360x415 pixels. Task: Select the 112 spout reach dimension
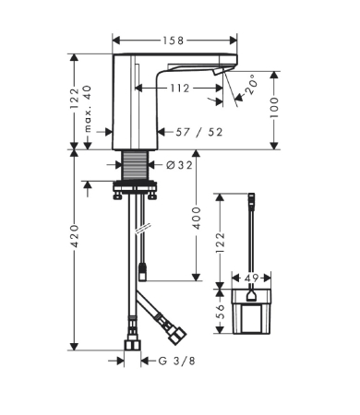(180, 89)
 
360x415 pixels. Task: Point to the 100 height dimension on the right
(274, 108)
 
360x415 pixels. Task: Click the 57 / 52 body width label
(199, 132)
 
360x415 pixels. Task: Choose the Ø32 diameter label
(179, 165)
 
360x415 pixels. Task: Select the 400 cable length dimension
(197, 219)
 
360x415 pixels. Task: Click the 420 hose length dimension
(74, 236)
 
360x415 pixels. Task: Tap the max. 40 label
(88, 109)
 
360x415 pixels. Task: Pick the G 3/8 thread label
(177, 361)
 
